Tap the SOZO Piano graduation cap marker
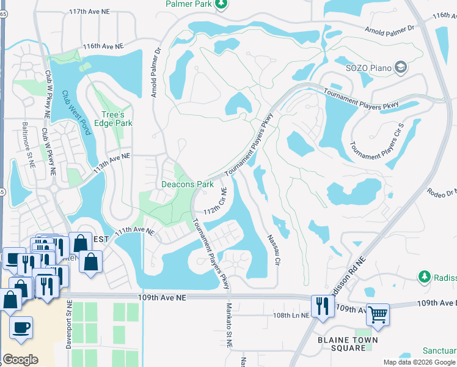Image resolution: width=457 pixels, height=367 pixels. coord(401,67)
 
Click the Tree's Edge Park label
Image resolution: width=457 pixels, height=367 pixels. coord(117,119)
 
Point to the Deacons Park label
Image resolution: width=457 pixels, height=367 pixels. coord(187,184)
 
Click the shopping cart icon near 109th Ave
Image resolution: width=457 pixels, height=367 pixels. coord(378,314)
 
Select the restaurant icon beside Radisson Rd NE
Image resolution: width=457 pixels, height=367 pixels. coord(320,305)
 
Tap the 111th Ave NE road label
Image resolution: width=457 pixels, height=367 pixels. coord(133,231)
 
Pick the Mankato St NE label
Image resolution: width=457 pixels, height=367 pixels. coord(230,325)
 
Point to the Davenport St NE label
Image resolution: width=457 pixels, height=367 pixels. coord(68,324)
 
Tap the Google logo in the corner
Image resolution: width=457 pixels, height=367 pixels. coord(20,360)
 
